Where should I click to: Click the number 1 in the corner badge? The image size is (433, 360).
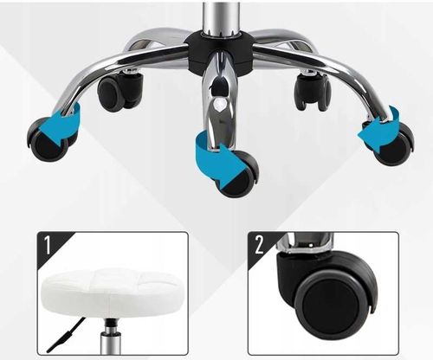click(48, 245)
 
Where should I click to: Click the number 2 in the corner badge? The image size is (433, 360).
click(259, 245)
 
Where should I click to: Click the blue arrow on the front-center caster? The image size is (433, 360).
click(218, 157)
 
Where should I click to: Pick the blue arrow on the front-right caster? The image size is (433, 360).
click(379, 129)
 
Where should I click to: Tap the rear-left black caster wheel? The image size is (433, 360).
click(120, 91)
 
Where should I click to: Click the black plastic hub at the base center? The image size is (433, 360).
click(220, 52)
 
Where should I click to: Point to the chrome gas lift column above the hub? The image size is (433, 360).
click(220, 19)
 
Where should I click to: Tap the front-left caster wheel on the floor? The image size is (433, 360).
click(49, 140)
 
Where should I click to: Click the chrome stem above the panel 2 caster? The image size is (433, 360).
click(306, 243)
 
